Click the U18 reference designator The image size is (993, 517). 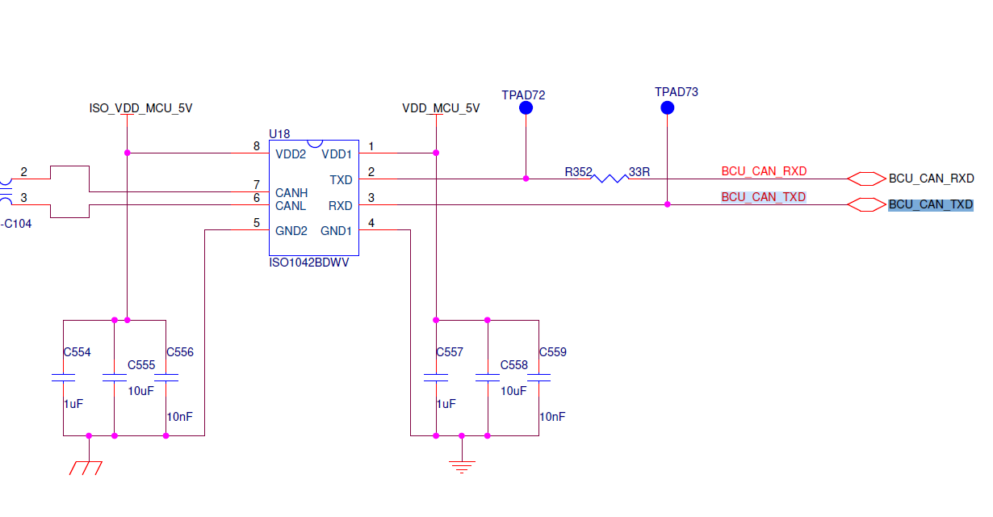pos(279,134)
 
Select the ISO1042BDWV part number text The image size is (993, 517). pos(309,263)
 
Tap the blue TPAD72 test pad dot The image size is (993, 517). pos(526,107)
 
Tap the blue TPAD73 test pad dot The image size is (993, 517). pos(667,107)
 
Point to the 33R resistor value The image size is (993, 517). pos(639,172)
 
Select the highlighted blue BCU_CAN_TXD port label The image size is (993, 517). pos(931,205)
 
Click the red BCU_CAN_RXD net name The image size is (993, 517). pos(764,171)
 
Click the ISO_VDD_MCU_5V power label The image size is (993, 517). pos(140,108)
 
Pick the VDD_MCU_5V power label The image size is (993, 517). pos(441,108)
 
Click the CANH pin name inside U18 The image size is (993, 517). pos(291,193)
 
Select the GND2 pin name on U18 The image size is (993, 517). pos(291,230)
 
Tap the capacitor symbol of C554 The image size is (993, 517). pos(63,377)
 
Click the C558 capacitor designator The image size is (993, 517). pos(513,365)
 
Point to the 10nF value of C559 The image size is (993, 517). pos(552,417)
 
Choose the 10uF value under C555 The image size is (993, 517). pos(140,390)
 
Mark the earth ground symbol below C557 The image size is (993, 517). pos(462,464)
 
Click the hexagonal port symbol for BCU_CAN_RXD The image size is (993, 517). pos(866,179)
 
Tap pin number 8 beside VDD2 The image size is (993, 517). pos(257,146)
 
